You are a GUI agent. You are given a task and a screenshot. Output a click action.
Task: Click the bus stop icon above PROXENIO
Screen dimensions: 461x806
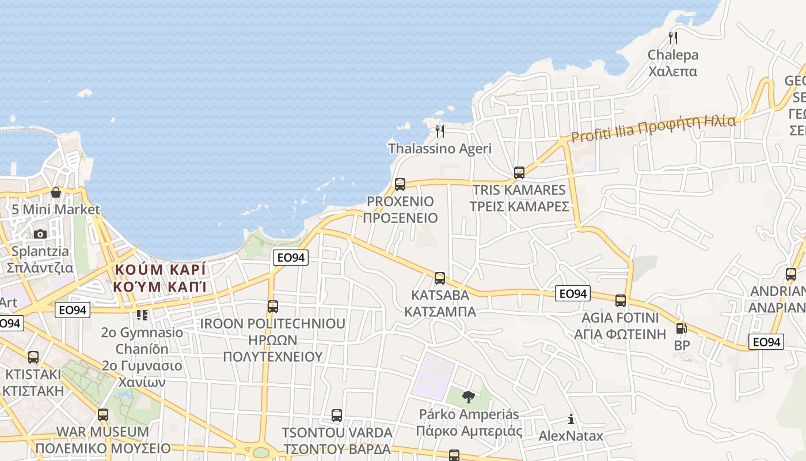tap(400, 184)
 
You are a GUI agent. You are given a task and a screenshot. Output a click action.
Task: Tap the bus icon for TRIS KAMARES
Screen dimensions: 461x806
tap(519, 173)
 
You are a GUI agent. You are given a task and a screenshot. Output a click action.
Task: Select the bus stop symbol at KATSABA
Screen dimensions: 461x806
tap(440, 278)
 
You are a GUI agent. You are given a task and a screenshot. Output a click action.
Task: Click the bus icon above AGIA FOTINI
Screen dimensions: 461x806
tap(620, 301)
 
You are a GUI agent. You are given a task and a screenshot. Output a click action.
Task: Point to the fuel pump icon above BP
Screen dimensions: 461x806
tap(681, 329)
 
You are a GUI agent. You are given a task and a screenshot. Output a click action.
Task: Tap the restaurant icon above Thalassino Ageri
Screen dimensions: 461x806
tap(440, 131)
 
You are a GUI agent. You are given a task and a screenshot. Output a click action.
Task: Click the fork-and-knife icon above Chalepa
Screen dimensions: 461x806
tap(672, 38)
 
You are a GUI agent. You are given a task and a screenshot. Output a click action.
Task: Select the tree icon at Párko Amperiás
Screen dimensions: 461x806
tap(469, 396)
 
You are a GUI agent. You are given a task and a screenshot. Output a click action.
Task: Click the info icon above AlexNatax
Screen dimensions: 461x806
tap(571, 419)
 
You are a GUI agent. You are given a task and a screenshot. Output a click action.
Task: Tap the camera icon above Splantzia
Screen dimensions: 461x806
tap(40, 234)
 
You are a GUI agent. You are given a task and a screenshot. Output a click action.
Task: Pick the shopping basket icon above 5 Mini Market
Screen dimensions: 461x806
tap(56, 192)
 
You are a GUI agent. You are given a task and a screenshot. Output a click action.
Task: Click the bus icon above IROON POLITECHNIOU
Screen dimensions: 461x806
tap(273, 307)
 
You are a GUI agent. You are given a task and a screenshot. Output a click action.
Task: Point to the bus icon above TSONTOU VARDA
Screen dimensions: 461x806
tap(337, 415)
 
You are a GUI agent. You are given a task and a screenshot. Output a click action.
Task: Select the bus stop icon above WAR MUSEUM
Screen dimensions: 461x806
tap(103, 414)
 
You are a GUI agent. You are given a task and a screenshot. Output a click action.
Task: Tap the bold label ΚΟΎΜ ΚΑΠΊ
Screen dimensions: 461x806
tap(159, 286)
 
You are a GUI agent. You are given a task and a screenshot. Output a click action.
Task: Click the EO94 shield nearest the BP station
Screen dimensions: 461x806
tap(766, 342)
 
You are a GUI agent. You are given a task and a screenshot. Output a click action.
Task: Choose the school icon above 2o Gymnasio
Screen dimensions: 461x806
tap(142, 315)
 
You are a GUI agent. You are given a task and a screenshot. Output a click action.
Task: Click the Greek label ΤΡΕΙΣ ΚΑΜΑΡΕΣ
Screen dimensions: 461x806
tap(519, 206)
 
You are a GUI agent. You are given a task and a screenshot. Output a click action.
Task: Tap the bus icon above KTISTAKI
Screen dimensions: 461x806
tap(33, 357)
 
